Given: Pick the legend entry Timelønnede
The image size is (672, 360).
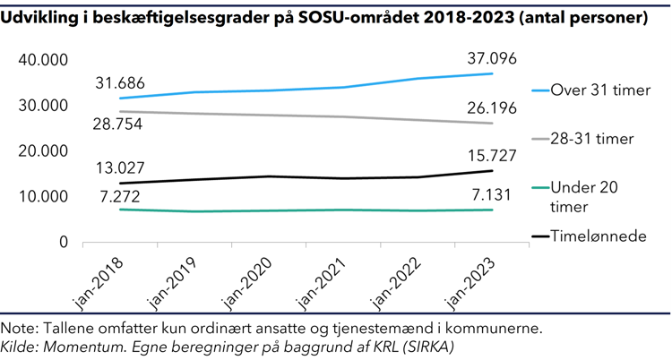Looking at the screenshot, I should [x=599, y=236].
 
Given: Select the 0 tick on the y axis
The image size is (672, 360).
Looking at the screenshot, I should [x=64, y=243].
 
